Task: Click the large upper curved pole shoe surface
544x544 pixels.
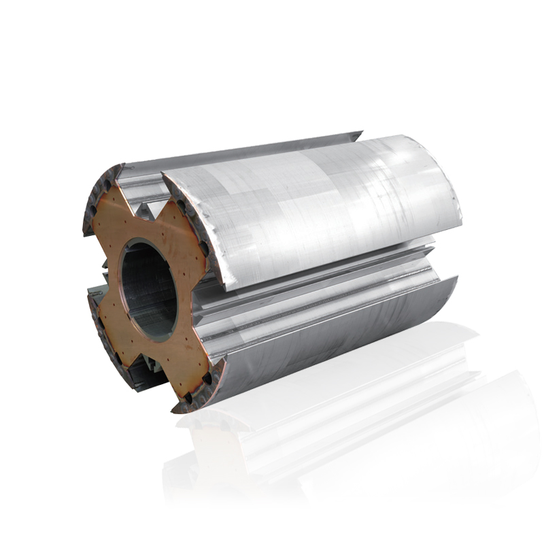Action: tap(320, 211)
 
